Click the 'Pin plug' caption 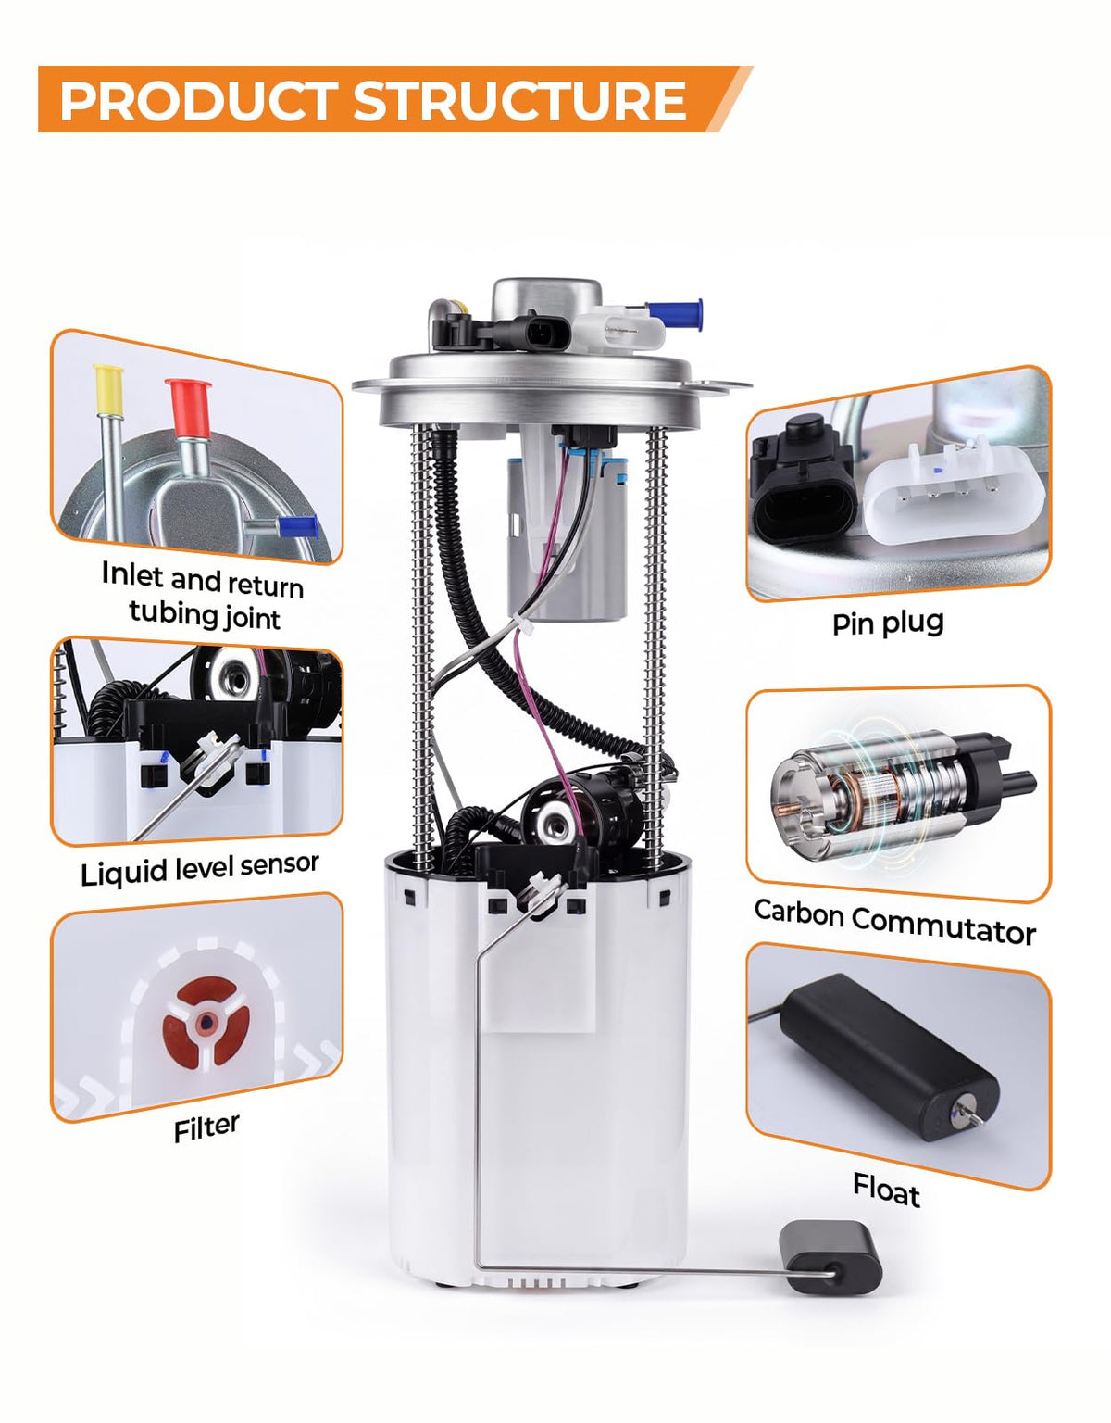click(888, 623)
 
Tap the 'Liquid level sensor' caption click(200, 869)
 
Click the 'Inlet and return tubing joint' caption click(203, 595)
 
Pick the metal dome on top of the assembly click(546, 300)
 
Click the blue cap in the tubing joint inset click(297, 526)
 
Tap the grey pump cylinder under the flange click(567, 538)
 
